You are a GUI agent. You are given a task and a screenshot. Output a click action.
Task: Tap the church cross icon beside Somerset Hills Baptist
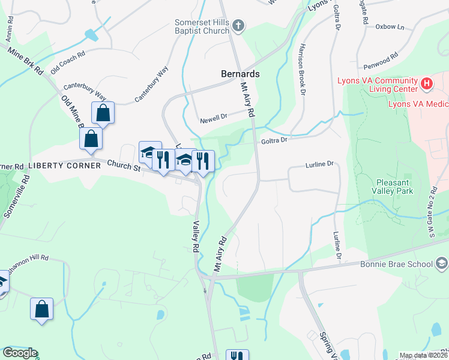point(239,26)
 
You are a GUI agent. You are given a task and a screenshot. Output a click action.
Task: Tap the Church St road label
point(124,166)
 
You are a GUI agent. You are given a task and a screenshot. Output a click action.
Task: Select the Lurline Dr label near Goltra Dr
point(319,164)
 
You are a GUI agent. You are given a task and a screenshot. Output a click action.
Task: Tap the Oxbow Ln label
point(390,27)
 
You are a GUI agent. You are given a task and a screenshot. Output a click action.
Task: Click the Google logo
point(20,353)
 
